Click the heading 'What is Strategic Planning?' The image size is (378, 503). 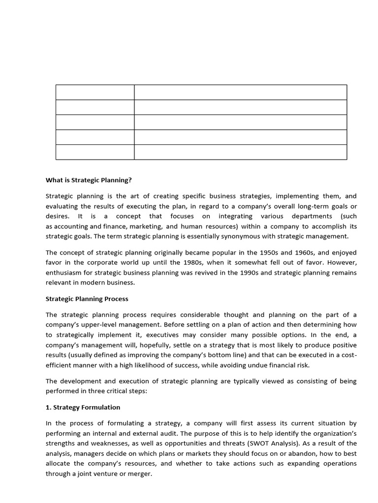tap(89, 180)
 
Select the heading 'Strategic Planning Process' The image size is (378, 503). tap(87, 298)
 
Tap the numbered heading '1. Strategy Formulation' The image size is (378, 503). tap(83, 407)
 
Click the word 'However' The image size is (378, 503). tap(343, 262)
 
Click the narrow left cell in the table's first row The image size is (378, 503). tap(95, 92)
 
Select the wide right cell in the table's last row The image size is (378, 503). tap(240, 152)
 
